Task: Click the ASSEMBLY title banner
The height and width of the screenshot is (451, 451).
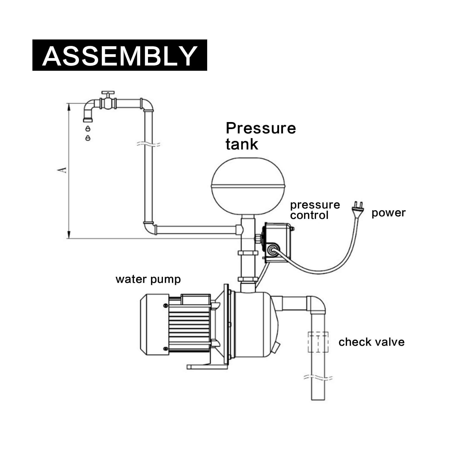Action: (x=120, y=55)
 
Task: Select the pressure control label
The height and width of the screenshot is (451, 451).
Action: (x=315, y=210)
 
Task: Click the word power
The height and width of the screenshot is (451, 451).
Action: (x=388, y=213)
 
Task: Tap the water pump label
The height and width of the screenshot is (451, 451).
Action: (x=148, y=279)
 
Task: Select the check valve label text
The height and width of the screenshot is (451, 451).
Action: (x=371, y=342)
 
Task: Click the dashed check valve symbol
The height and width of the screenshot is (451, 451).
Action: (x=318, y=342)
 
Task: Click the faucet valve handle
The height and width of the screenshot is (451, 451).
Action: (x=108, y=93)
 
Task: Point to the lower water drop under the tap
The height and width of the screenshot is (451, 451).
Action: (x=88, y=138)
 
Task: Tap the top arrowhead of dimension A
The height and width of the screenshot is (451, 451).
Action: (x=68, y=106)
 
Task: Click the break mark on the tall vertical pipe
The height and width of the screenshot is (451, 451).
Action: (x=148, y=144)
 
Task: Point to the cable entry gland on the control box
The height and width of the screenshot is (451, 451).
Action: (x=272, y=249)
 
